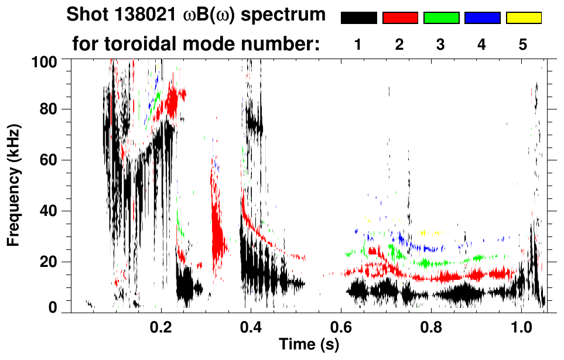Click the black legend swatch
[x=358, y=18]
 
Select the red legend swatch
[x=400, y=18]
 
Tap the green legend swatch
[x=441, y=18]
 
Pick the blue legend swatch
[x=482, y=18]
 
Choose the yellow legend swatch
[x=524, y=18]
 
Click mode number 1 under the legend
[x=358, y=45]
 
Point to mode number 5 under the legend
[x=523, y=45]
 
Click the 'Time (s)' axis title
[x=309, y=344]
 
